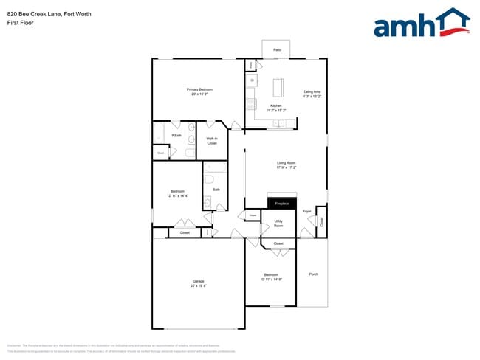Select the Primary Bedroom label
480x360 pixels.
coord(200,89)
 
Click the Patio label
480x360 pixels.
coord(277,50)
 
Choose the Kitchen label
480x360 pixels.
coord(275,106)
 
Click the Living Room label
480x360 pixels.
coord(286,163)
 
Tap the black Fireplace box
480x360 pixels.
coord(281,203)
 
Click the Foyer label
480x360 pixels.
coord(307,211)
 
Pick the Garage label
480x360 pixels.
coord(199,281)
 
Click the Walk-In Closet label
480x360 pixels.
coord(212,141)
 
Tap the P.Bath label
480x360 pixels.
coord(176,135)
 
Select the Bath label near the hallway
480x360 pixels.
coord(216,190)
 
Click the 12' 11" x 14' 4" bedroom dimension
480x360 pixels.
coord(177,196)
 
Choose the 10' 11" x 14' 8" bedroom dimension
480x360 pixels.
coord(271,280)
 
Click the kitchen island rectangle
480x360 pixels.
coord(280,88)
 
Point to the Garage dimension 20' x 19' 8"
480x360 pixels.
coord(199,285)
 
